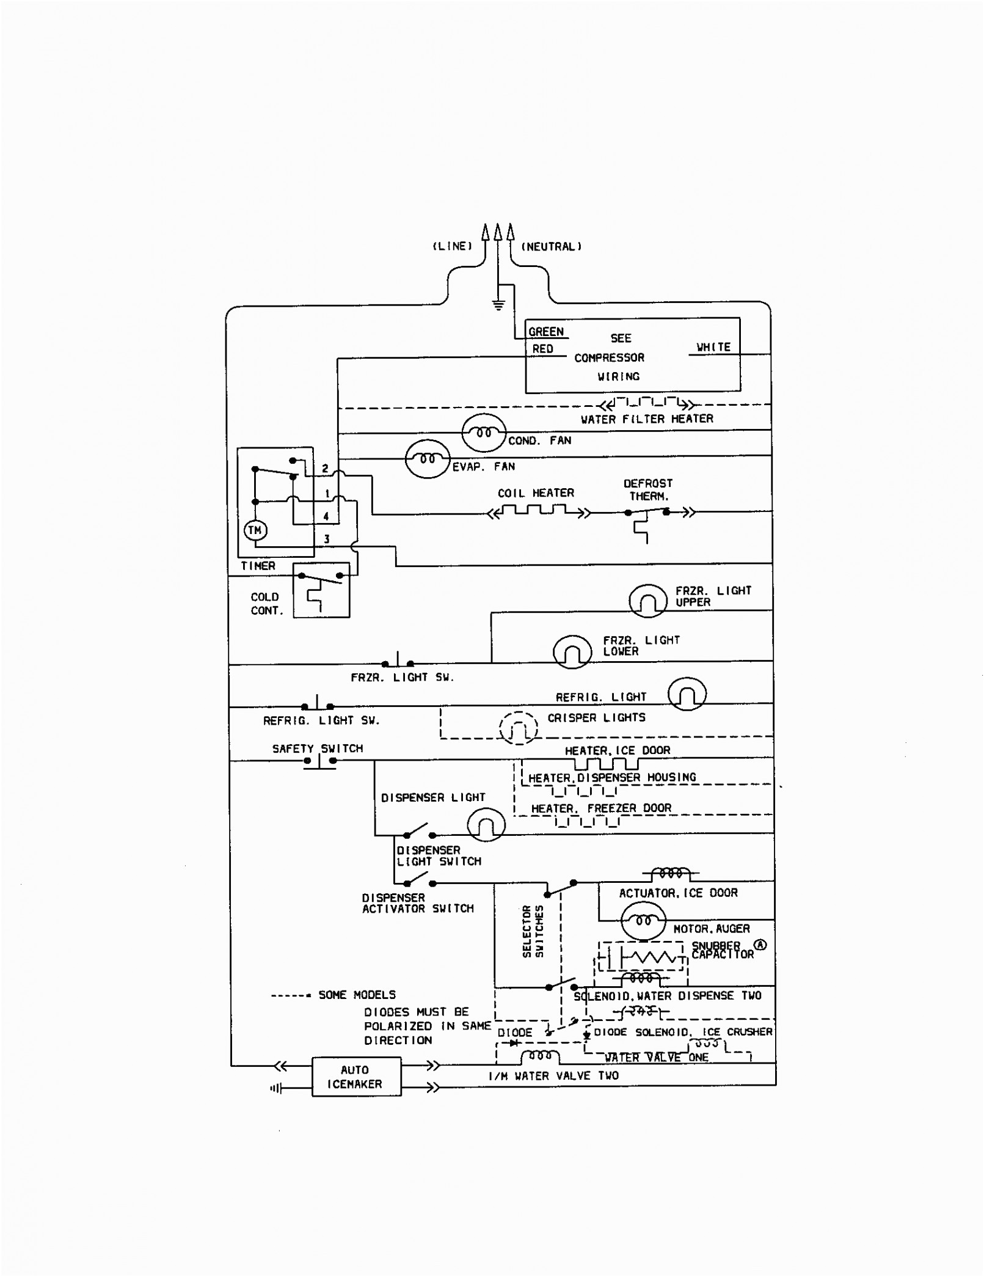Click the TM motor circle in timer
point(255,530)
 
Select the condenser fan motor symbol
point(484,433)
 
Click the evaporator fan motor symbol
point(428,458)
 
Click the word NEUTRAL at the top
point(551,247)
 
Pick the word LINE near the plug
point(453,246)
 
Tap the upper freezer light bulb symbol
point(648,600)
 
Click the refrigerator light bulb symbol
point(687,693)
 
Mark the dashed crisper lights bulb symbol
point(519,728)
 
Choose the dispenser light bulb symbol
point(486,825)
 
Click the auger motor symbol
point(643,921)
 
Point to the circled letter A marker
point(760,945)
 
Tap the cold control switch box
point(321,590)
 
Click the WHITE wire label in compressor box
point(713,347)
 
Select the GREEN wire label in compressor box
point(546,332)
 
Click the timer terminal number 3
point(327,539)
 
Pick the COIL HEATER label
point(536,493)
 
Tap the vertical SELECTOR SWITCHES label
point(532,931)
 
